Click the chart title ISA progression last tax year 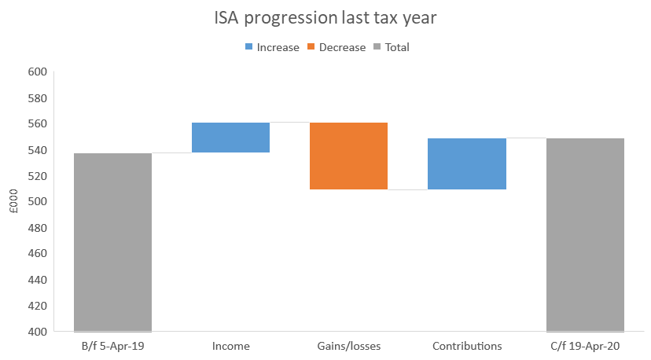(325, 18)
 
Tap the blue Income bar (230, 138)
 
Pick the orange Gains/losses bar (348, 156)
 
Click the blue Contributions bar (466, 163)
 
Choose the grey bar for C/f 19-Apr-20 (585, 235)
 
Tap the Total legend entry (391, 47)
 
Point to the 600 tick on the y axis (38, 72)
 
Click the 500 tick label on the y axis (38, 202)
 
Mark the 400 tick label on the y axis (38, 332)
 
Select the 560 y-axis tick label (38, 124)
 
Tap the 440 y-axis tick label (38, 280)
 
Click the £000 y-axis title (13, 202)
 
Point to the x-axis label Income (230, 346)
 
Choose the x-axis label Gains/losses (348, 346)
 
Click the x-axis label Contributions (466, 346)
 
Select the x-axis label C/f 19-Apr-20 (585, 346)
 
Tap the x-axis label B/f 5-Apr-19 (112, 346)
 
